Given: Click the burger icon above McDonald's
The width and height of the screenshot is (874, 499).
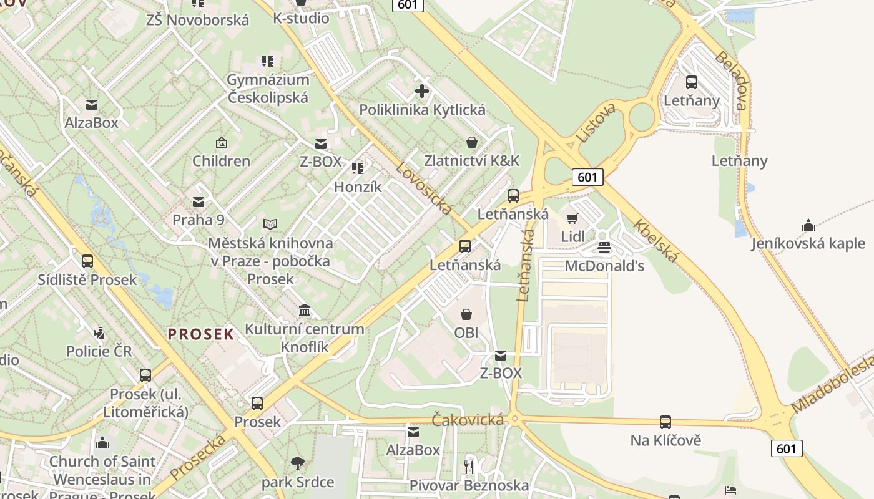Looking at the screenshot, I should [x=604, y=248].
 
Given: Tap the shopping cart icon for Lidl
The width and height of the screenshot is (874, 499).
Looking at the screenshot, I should [x=572, y=218].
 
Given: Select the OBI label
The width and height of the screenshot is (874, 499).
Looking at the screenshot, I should [x=466, y=332].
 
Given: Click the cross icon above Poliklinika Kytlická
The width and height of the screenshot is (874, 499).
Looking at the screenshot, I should [x=422, y=91].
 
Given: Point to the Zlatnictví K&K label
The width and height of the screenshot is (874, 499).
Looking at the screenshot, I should [x=471, y=160].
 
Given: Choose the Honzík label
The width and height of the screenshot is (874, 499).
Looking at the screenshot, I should [x=357, y=187].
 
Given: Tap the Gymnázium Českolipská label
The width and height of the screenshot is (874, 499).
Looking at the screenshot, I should [x=268, y=89].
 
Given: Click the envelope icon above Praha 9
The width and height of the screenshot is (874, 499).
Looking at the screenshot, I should [x=199, y=201].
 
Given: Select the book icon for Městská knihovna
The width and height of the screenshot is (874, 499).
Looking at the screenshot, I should [x=270, y=224].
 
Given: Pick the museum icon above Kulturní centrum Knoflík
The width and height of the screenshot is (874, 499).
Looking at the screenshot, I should [x=305, y=310].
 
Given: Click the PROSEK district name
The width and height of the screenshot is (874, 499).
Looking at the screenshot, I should [x=201, y=334].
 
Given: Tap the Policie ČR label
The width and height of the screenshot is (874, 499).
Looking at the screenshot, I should [x=99, y=351].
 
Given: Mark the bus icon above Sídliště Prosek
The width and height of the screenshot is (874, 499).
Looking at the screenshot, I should [x=87, y=261].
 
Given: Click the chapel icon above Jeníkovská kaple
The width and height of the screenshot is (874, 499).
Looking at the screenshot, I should [x=808, y=225].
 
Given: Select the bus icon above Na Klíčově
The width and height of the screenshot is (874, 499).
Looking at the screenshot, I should [x=665, y=422].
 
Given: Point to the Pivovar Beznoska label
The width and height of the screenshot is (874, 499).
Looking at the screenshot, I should [x=469, y=485].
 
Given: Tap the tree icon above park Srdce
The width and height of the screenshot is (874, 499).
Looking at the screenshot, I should [x=298, y=463].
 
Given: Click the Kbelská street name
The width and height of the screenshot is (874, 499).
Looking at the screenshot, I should [x=655, y=241].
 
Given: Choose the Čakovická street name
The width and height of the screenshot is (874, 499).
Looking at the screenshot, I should [x=468, y=420].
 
